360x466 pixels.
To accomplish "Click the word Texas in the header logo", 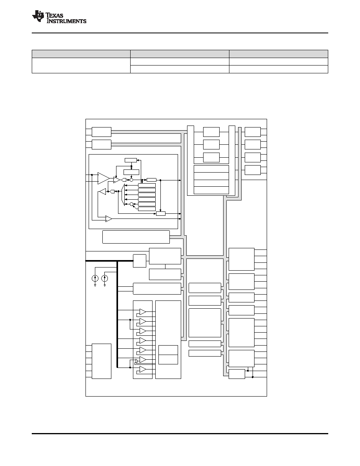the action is (x=55, y=15).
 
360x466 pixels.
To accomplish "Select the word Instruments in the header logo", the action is (x=66, y=21).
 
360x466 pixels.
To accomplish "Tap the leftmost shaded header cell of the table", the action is (x=81, y=54).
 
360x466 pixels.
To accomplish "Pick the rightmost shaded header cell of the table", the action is (x=278, y=54).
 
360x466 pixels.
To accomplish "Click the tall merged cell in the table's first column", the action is (x=81, y=66).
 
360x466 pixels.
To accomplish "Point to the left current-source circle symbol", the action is (x=95, y=279).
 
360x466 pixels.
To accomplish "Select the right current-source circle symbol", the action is (x=105, y=279).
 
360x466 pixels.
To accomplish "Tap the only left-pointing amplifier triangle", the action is (x=102, y=191).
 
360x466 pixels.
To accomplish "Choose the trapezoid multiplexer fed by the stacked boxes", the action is (x=123, y=195).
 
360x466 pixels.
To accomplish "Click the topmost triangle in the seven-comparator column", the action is (x=143, y=312).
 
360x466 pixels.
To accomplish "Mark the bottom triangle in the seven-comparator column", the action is (x=143, y=370).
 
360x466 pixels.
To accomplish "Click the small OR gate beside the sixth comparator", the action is (x=136, y=361).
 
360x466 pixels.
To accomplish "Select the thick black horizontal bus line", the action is (x=109, y=261).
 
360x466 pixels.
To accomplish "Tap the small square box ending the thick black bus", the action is (x=140, y=261).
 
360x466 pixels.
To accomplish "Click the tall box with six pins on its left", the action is (x=102, y=361).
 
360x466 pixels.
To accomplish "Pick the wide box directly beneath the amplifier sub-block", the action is (x=136, y=237).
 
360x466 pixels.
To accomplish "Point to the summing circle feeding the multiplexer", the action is (x=131, y=204).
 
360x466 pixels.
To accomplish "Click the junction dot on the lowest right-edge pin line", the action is (x=253, y=377).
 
